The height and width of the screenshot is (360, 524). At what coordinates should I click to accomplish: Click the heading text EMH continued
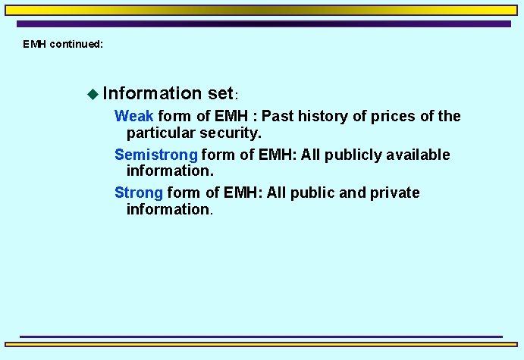pos(62,44)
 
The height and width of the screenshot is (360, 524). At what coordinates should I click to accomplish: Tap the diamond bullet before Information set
pos(93,94)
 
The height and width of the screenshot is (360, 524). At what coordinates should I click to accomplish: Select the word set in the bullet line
pos(219,94)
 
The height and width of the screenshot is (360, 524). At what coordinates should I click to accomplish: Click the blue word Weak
pos(133,117)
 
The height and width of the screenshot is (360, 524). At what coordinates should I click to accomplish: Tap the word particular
pos(162,133)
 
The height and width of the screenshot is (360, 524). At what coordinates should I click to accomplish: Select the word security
pos(231,133)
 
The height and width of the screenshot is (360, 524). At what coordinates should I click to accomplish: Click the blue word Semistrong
pos(155,155)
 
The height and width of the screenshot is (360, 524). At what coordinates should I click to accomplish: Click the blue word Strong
pos(138,193)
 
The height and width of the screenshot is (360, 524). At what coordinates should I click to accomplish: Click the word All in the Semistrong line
pos(311,155)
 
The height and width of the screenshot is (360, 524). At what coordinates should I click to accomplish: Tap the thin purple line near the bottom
pos(262,336)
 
